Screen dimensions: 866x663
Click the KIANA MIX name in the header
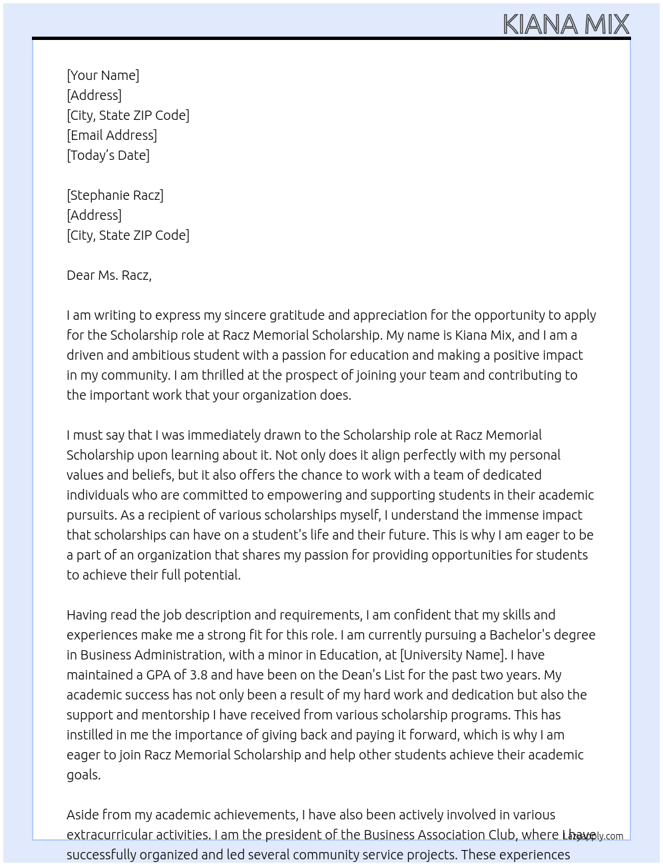click(x=565, y=24)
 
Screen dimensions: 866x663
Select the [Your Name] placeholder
click(x=103, y=75)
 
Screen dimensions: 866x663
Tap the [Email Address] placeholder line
click(x=112, y=135)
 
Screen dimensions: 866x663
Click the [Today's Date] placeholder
click(x=108, y=155)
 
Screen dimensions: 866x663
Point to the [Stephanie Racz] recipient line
click(x=115, y=195)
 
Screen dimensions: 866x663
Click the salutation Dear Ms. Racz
click(x=109, y=275)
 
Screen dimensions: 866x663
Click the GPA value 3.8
click(x=198, y=675)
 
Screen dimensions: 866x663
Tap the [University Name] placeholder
click(x=451, y=655)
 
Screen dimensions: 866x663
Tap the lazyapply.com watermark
click(x=593, y=836)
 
